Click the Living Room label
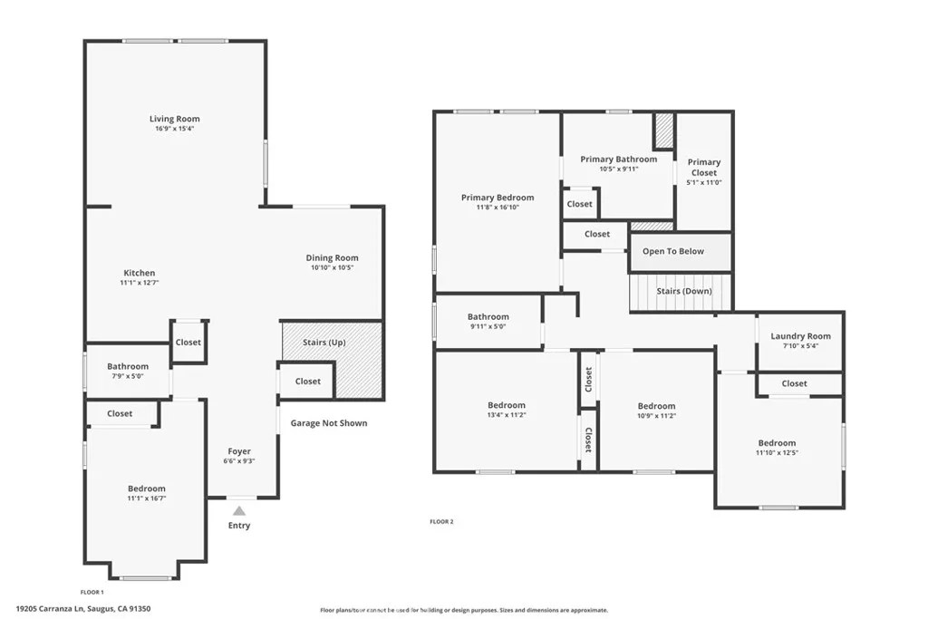(x=175, y=119)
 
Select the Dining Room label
(x=332, y=258)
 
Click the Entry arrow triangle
(x=239, y=511)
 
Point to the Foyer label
(x=239, y=451)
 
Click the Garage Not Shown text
(x=329, y=423)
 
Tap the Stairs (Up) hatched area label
(x=324, y=343)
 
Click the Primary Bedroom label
(x=498, y=198)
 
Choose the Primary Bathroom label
(x=619, y=160)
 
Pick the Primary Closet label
(x=704, y=167)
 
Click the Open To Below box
(x=673, y=252)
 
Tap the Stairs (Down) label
(x=684, y=291)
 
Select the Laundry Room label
(x=800, y=336)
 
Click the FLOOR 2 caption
(x=441, y=522)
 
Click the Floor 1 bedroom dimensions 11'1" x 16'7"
(x=146, y=498)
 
